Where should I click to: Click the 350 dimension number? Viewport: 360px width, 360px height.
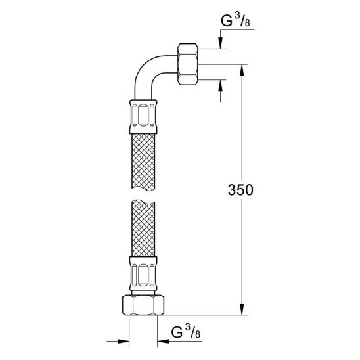point(240,190)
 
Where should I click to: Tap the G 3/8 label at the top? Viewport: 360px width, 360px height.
point(235,21)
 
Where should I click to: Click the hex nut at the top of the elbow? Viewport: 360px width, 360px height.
point(188,64)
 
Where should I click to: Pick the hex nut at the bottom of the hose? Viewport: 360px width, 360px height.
point(143,305)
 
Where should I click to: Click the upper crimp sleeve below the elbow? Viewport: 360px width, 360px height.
point(143,117)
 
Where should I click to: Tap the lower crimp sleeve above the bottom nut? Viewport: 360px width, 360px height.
point(143,274)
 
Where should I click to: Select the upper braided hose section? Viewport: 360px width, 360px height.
point(143,162)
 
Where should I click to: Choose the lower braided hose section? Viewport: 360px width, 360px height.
point(143,228)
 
